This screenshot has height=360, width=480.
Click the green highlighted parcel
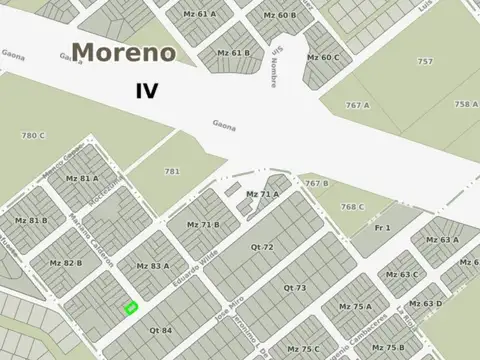[x=130, y=308]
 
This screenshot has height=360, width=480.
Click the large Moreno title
[x=124, y=52]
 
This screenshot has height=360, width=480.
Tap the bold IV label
[x=147, y=91]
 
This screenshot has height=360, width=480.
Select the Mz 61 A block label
[x=199, y=15]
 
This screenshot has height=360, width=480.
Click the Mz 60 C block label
[x=323, y=57]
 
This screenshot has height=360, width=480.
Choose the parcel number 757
[x=425, y=61]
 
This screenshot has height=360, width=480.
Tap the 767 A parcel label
[x=358, y=105]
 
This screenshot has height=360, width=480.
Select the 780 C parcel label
[x=34, y=135]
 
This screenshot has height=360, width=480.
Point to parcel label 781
[x=172, y=171]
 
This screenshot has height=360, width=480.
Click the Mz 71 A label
[x=262, y=193]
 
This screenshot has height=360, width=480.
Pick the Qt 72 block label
[x=290, y=246]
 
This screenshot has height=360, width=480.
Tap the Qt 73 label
[x=294, y=288]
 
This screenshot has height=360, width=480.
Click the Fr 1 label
[x=382, y=228]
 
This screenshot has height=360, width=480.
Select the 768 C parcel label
[x=352, y=207]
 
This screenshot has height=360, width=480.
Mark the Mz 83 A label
[x=152, y=266]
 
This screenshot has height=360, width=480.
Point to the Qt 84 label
[x=160, y=330]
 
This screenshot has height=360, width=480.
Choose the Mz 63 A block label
[x=442, y=240]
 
